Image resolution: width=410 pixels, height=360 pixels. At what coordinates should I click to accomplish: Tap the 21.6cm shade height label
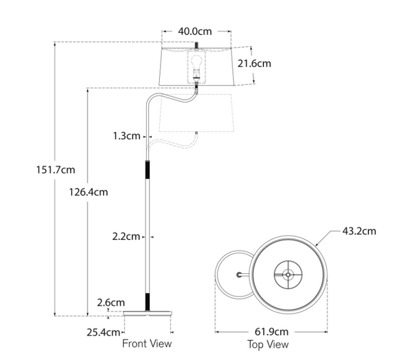coord(254,64)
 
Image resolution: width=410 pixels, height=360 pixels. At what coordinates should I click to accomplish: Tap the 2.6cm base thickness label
coord(111,301)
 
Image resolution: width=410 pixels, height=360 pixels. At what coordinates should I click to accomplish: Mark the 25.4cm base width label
coord(105,333)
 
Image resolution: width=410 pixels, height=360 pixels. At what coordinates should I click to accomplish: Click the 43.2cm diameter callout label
coord(359,231)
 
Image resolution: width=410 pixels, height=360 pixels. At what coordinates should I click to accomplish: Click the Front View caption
coord(147,344)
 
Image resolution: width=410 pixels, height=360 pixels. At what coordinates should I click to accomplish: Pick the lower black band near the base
coord(148,301)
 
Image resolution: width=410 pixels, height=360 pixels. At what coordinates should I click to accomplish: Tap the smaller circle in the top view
coord(234,275)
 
